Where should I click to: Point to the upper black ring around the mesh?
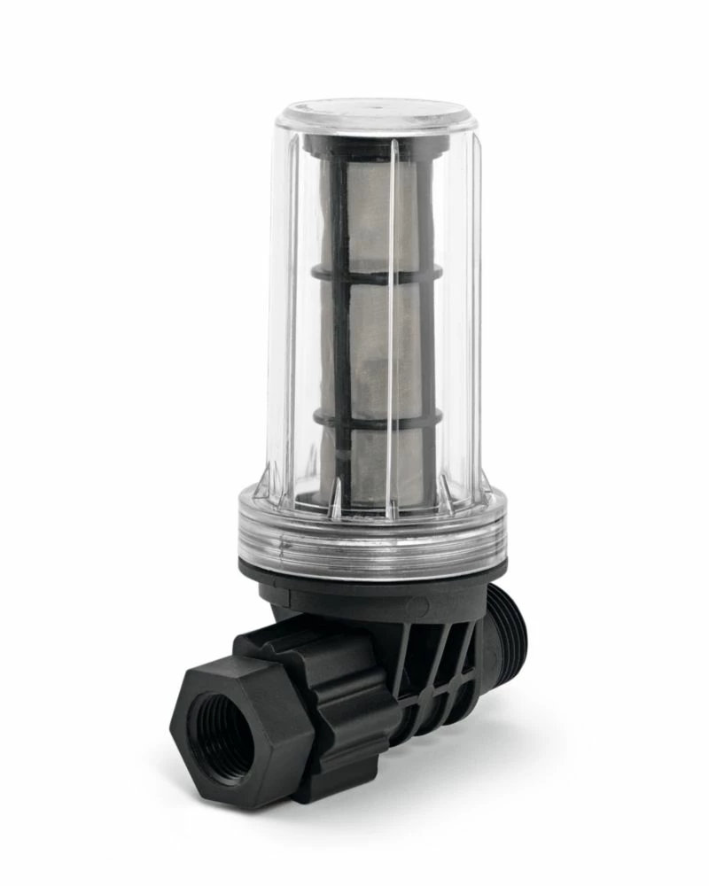pos(372,276)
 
